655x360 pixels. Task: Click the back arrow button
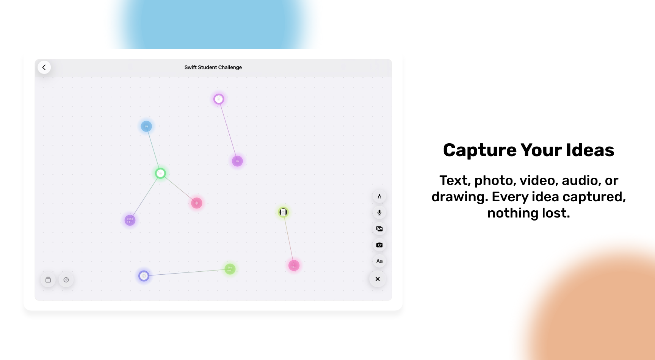pyautogui.click(x=44, y=67)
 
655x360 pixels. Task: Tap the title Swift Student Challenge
pyautogui.click(x=213, y=67)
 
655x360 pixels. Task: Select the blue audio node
pyautogui.click(x=146, y=126)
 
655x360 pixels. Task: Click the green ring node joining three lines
pyautogui.click(x=160, y=173)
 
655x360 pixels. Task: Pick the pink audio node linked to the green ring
pyautogui.click(x=196, y=203)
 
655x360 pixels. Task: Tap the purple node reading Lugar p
pyautogui.click(x=130, y=220)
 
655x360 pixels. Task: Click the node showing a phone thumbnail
pyautogui.click(x=283, y=212)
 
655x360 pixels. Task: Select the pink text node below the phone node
pyautogui.click(x=294, y=265)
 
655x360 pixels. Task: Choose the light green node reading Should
pyautogui.click(x=230, y=269)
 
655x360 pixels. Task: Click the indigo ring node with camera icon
pyautogui.click(x=144, y=276)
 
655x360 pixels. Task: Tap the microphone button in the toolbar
pyautogui.click(x=379, y=213)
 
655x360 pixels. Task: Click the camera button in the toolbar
pyautogui.click(x=379, y=245)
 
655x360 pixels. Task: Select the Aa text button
pyautogui.click(x=379, y=261)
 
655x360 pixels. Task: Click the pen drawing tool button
pyautogui.click(x=379, y=196)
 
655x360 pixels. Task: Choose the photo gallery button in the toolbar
pyautogui.click(x=379, y=229)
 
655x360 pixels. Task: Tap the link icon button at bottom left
pyautogui.click(x=66, y=280)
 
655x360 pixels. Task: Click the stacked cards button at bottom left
pyautogui.click(x=48, y=280)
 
